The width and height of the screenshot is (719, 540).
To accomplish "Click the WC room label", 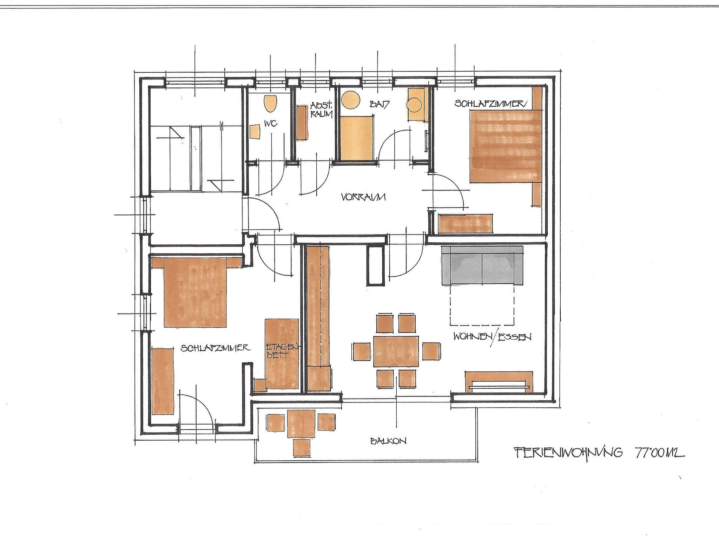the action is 271,123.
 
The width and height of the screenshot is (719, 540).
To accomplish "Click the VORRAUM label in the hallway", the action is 363,197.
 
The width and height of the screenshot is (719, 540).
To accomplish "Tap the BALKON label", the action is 388,441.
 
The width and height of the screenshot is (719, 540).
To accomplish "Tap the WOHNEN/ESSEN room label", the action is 492,337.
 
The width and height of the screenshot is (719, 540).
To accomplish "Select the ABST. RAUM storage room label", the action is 321,109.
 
